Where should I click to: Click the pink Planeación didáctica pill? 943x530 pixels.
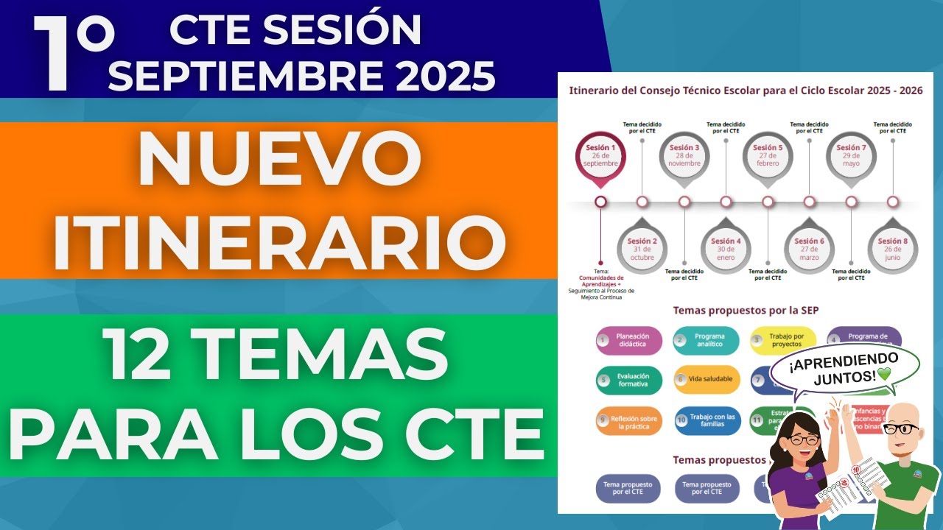pyautogui.click(x=629, y=340)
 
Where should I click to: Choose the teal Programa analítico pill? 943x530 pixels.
pyautogui.click(x=707, y=340)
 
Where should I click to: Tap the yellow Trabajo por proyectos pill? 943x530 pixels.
pyautogui.click(x=783, y=340)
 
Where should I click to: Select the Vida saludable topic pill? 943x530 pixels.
pyautogui.click(x=707, y=379)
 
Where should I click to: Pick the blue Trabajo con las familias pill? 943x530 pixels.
pyautogui.click(x=707, y=421)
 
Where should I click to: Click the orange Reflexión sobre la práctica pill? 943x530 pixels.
pyautogui.click(x=629, y=421)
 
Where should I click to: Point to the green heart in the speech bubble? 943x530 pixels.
pyautogui.click(x=884, y=375)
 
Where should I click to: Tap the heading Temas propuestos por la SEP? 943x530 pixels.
pyautogui.click(x=746, y=311)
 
